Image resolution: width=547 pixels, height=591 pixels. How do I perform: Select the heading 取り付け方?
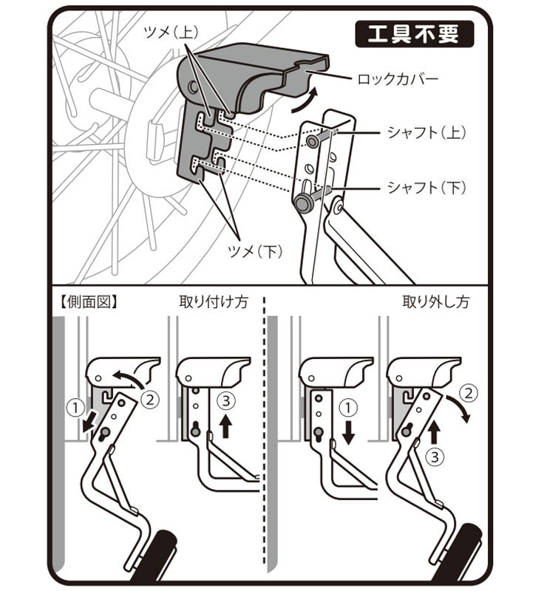[x=208, y=302]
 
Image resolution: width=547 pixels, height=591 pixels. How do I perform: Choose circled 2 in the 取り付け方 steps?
[x=149, y=400]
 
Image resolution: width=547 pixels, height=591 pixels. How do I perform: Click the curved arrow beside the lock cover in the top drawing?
[x=305, y=102]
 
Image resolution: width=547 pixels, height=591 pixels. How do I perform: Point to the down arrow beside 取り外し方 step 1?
[x=348, y=431]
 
